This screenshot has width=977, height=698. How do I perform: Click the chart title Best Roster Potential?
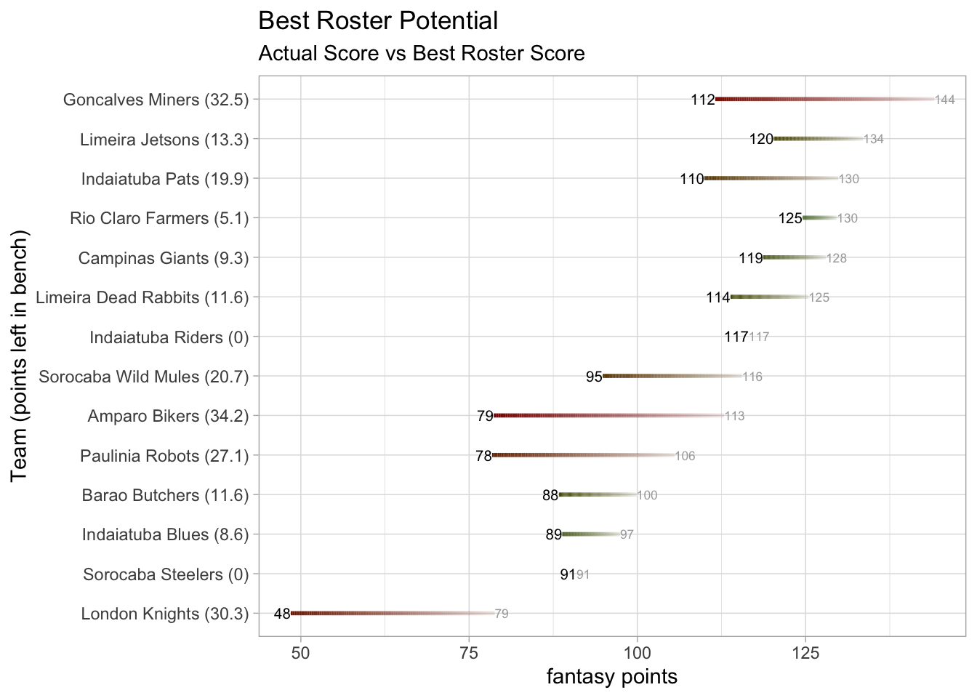(378, 21)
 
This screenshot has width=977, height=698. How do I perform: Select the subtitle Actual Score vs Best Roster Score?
(422, 54)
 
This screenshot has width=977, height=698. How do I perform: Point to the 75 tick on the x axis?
(469, 653)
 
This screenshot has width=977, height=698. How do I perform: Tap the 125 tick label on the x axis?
(805, 653)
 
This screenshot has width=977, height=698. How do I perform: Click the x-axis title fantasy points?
(611, 677)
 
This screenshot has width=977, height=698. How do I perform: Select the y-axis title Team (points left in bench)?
(20, 356)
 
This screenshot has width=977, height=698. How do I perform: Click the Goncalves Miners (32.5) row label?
(156, 100)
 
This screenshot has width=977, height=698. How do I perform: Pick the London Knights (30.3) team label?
(164, 614)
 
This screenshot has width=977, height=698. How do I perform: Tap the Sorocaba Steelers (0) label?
(166, 574)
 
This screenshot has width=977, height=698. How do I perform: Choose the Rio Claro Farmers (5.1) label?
(159, 218)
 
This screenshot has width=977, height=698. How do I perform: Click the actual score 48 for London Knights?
(282, 614)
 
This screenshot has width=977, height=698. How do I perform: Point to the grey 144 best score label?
(944, 100)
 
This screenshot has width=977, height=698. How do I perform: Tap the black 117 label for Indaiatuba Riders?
(736, 337)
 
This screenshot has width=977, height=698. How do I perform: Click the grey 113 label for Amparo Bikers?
(734, 417)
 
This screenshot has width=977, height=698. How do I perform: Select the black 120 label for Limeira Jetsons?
(761, 139)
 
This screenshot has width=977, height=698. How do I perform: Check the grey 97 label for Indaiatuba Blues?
(627, 535)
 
